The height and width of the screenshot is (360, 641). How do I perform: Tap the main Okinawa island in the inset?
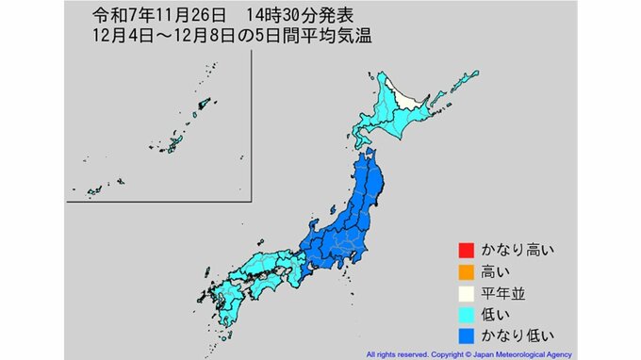pos(173,143)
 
